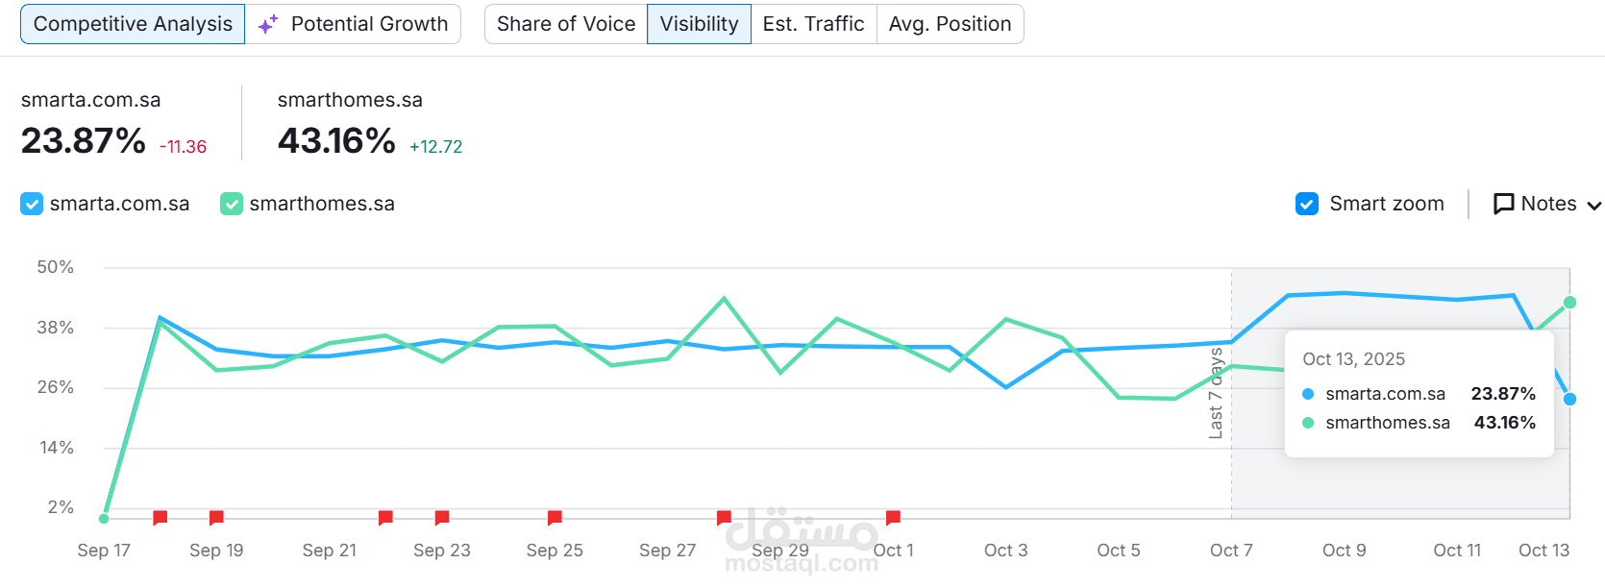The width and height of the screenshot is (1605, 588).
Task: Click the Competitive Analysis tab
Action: click(x=133, y=24)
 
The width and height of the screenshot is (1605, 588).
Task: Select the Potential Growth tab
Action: click(x=354, y=24)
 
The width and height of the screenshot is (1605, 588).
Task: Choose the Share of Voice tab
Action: click(x=566, y=24)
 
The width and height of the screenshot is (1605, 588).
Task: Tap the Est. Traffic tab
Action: click(x=813, y=24)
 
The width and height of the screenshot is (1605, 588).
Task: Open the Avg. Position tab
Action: click(x=950, y=24)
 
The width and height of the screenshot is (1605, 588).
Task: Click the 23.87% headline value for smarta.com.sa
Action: click(x=84, y=141)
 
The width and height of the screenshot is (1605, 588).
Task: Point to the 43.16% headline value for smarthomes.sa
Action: click(x=336, y=141)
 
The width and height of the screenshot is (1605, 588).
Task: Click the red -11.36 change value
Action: click(x=183, y=147)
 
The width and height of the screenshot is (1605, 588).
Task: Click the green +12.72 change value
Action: click(x=435, y=147)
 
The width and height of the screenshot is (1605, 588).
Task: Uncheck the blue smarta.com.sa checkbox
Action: click(x=32, y=204)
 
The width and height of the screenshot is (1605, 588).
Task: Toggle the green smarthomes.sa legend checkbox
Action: click(x=232, y=204)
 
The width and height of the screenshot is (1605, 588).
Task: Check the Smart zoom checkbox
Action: click(x=1307, y=204)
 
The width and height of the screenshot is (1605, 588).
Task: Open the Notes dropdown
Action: click(x=1546, y=204)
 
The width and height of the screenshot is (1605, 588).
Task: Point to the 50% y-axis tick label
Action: click(x=56, y=267)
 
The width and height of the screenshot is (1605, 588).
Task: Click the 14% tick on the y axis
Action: click(x=57, y=448)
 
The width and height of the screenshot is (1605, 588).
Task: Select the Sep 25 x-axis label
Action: click(x=555, y=551)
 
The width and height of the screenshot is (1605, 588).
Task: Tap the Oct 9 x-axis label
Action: click(x=1344, y=551)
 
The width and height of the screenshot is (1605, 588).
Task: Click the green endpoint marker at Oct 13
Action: click(x=1569, y=303)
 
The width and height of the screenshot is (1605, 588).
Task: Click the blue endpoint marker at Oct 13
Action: click(x=1569, y=399)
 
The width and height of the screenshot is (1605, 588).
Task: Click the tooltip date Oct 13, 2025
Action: click(x=1353, y=359)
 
